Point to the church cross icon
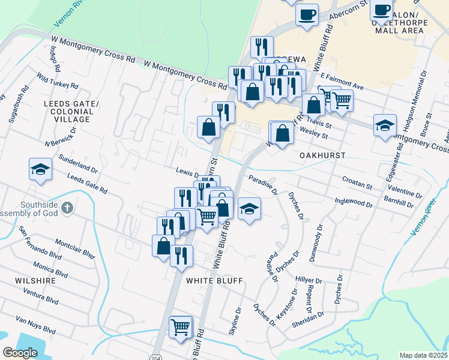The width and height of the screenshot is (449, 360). [67, 208]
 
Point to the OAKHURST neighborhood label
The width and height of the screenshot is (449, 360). [322, 155]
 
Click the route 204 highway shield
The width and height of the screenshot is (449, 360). [155, 353]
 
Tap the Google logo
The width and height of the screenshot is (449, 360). [20, 353]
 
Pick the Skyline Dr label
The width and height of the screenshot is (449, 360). [234, 321]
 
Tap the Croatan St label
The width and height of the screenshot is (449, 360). [357, 179]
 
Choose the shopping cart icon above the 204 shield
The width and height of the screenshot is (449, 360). [180, 327]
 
